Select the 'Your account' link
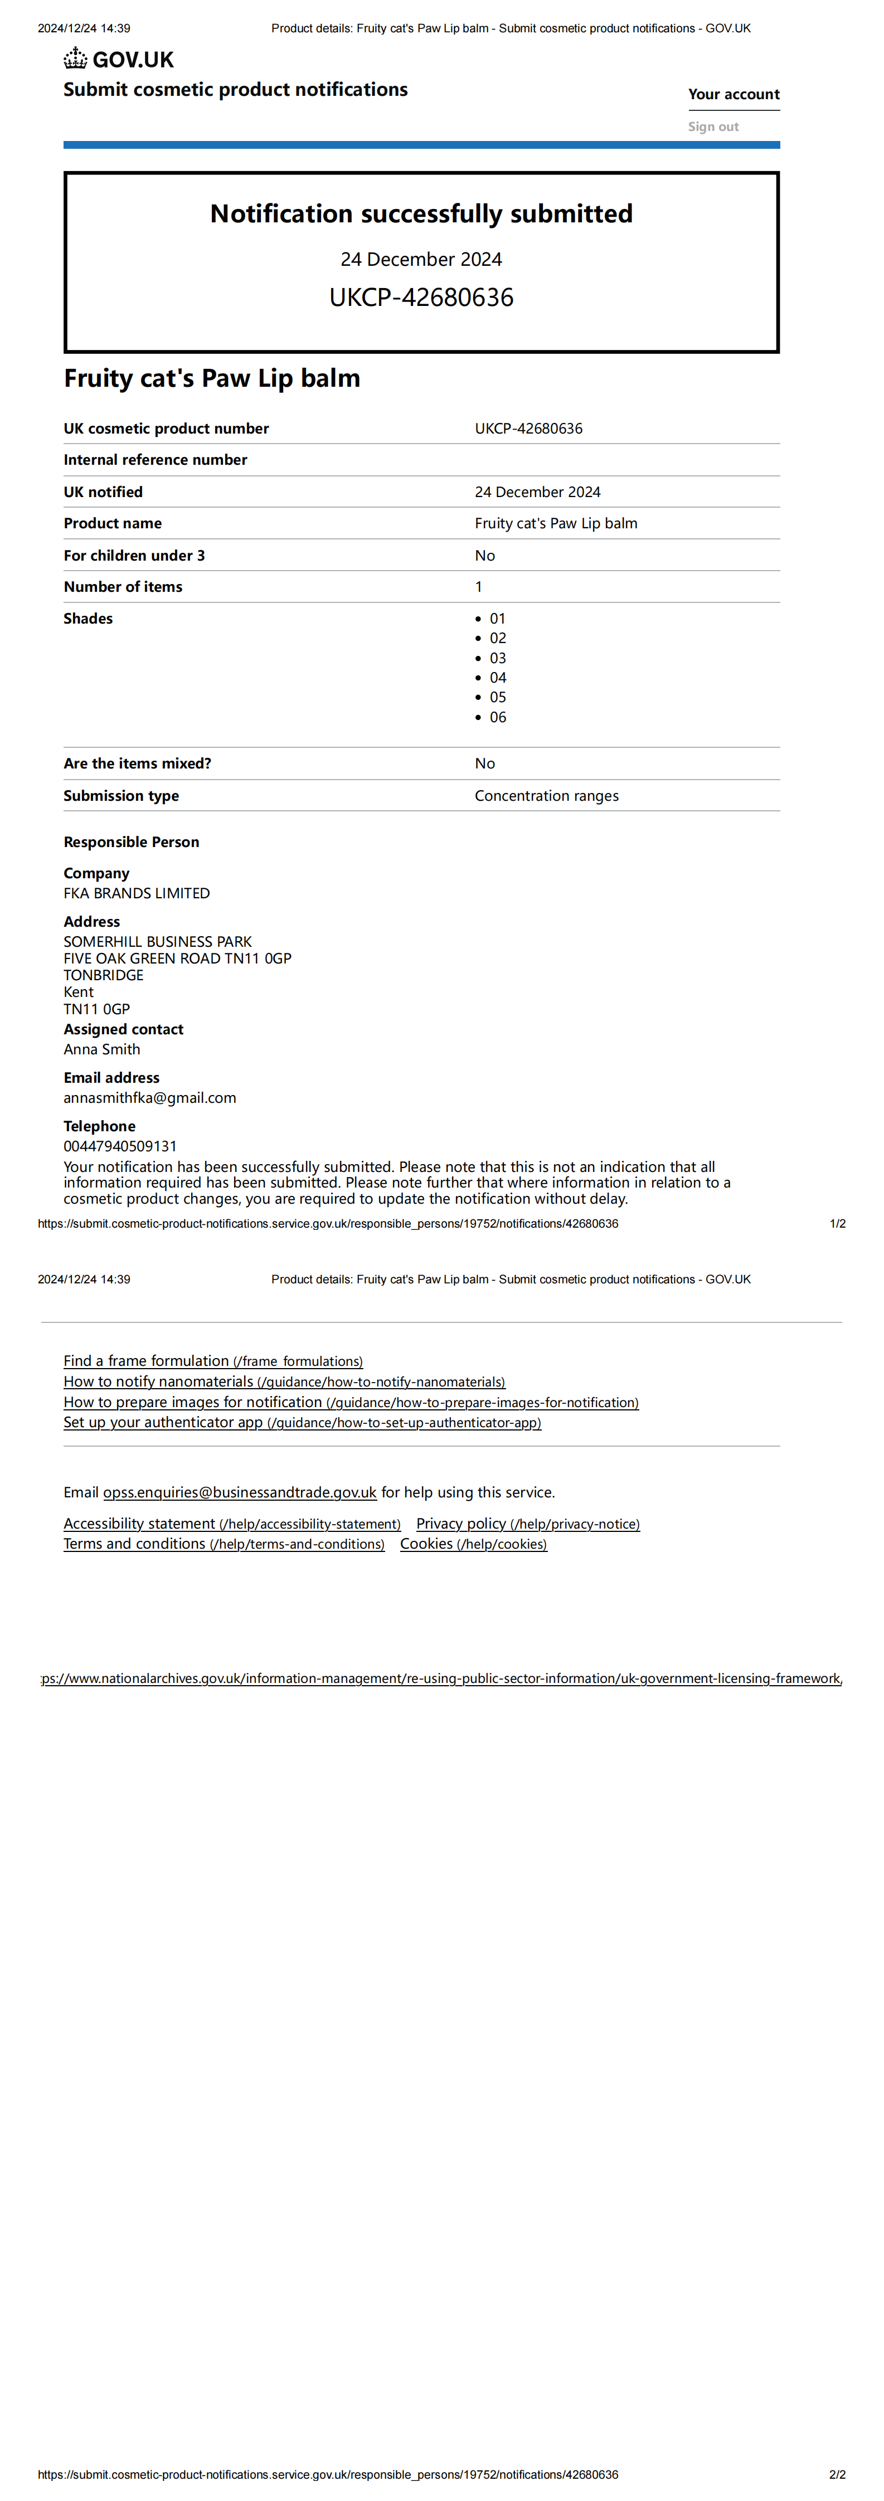tap(734, 94)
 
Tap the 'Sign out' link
tap(713, 127)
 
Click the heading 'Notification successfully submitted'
tap(421, 213)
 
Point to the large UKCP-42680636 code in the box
tap(421, 297)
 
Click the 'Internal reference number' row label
tap(156, 460)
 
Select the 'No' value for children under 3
tap(485, 556)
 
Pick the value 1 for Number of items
tap(478, 586)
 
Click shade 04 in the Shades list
tap(497, 678)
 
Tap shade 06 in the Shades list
tap(497, 718)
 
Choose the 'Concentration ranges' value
tap(546, 796)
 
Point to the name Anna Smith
tap(102, 1049)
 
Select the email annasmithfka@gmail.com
tap(149, 1098)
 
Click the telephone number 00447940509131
tap(120, 1147)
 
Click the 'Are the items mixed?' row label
tap(137, 764)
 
